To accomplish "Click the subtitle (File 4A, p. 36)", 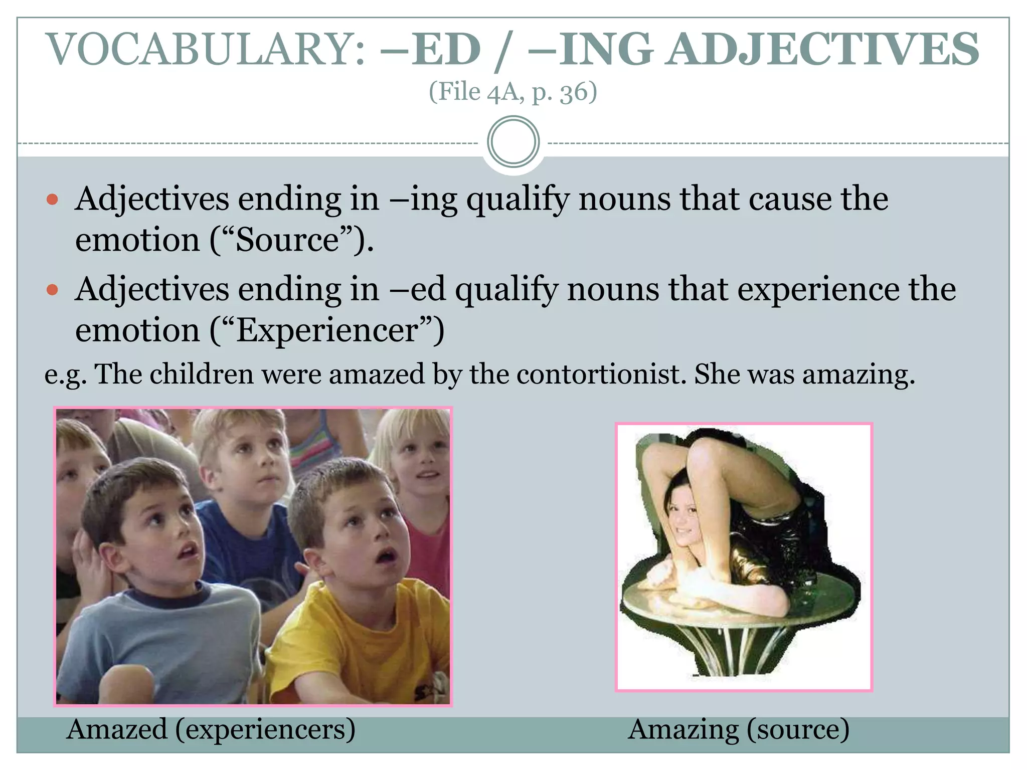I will tap(513, 92).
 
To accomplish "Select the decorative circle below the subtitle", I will tap(513, 142).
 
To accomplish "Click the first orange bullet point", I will tap(52, 200).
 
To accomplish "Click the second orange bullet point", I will tap(52, 290).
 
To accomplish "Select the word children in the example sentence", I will tap(201, 374).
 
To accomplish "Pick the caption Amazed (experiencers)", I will tap(211, 729).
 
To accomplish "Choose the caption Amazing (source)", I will tap(739, 729).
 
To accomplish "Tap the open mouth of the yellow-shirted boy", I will tap(387, 555).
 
